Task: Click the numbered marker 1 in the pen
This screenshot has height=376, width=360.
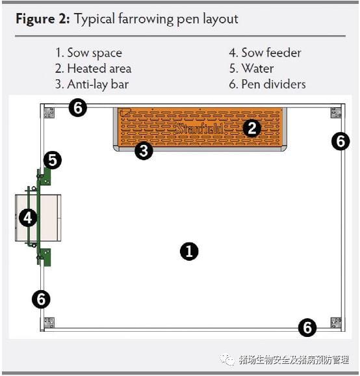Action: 189,251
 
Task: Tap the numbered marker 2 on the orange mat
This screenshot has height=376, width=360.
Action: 251,128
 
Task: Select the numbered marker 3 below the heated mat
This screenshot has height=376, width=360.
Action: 144,151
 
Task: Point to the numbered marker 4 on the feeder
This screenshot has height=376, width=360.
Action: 28,218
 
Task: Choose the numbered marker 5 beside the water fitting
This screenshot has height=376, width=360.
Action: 53,160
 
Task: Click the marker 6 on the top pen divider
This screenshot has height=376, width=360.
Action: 78,108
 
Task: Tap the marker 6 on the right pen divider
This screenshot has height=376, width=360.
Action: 341,141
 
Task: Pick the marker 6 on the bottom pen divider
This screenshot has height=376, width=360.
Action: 307,327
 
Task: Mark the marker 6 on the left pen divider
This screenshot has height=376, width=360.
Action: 41,299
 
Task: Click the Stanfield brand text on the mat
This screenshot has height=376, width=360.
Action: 200,129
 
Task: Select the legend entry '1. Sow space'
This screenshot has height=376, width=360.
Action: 88,53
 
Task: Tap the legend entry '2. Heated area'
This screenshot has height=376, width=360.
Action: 93,68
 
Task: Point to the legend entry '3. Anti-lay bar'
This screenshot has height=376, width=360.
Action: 92,85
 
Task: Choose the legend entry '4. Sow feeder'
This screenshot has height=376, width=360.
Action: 265,53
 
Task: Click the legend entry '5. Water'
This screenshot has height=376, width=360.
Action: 251,68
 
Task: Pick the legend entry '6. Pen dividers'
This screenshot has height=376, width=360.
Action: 267,85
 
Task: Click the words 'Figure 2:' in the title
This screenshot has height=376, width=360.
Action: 43,19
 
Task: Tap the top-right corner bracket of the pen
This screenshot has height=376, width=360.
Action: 336,113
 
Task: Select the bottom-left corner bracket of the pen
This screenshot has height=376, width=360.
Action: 49,323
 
